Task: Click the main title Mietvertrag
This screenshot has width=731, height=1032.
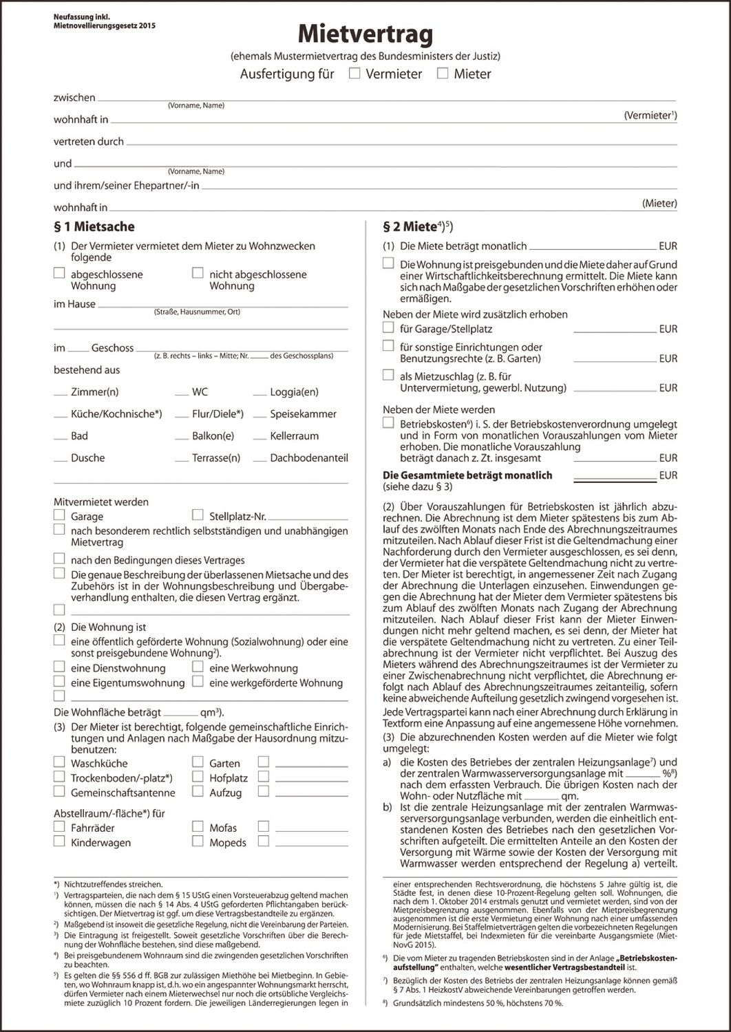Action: (365, 34)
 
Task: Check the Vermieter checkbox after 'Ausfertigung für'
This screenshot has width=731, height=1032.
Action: (354, 73)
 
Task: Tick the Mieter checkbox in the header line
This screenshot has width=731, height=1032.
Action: (443, 73)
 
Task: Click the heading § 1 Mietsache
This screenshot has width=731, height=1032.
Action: (94, 227)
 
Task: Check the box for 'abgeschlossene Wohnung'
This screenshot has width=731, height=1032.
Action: (59, 273)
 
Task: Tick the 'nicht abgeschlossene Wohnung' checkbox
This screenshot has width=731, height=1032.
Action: (198, 273)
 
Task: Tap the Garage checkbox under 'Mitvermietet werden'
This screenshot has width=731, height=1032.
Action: (59, 515)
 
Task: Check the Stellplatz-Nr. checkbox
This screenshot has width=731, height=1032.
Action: (198, 515)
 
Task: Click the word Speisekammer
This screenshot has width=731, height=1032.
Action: (303, 414)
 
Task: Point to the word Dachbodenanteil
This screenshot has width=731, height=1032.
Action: (309, 458)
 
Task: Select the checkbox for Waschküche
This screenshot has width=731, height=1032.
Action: (59, 762)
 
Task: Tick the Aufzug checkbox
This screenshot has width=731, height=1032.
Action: (198, 792)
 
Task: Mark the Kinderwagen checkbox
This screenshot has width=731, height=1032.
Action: (59, 841)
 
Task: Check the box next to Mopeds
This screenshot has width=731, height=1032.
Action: (198, 841)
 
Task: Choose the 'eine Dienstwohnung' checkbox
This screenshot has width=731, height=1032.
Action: (59, 667)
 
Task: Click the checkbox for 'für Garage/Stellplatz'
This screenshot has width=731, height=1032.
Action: (388, 328)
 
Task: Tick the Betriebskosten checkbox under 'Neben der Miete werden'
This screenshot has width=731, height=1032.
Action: (388, 423)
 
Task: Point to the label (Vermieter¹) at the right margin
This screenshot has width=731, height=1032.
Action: (650, 116)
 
